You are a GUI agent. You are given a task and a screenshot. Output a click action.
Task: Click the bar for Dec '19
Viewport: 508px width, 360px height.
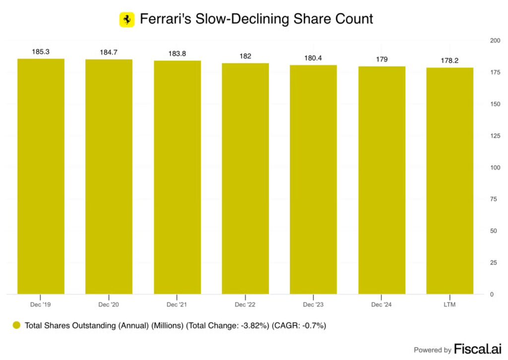click(x=41, y=176)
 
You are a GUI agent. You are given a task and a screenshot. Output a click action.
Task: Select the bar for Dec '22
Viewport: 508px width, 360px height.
click(x=245, y=178)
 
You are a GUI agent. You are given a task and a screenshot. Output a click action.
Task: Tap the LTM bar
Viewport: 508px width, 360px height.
click(x=449, y=181)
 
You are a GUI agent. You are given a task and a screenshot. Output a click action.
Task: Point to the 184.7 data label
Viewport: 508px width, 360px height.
click(x=109, y=52)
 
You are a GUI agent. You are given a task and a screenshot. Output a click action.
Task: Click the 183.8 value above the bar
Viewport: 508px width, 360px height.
click(x=177, y=54)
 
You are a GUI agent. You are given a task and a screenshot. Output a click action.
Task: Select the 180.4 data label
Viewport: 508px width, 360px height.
click(x=313, y=58)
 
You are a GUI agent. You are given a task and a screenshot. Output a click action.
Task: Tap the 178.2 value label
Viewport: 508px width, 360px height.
click(x=449, y=60)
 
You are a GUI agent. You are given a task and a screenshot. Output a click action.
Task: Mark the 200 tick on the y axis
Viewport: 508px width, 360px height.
click(x=495, y=40)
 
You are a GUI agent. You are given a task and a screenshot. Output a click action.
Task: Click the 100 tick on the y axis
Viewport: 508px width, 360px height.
click(x=495, y=167)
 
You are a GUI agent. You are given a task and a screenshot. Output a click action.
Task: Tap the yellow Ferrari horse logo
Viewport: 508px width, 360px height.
click(x=127, y=19)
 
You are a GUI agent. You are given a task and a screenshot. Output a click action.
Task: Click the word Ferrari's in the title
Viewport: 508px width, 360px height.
click(x=164, y=19)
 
